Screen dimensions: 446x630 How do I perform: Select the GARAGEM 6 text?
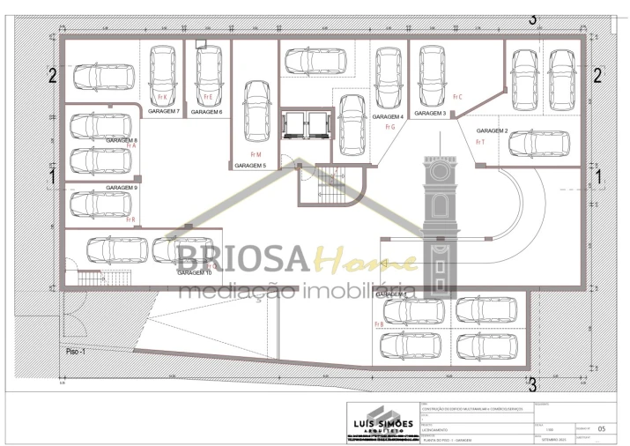pyautogui.click(x=206, y=112)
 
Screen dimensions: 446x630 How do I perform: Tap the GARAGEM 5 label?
pyautogui.click(x=250, y=165)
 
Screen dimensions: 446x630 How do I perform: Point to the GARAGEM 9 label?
pyautogui.click(x=122, y=188)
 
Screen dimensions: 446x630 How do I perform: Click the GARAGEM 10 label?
pyautogui.click(x=195, y=273)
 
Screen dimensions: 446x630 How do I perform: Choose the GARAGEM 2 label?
pyautogui.click(x=493, y=130)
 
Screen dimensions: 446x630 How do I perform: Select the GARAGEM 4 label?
pyautogui.click(x=388, y=116)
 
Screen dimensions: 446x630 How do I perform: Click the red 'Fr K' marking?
pyautogui.click(x=161, y=96)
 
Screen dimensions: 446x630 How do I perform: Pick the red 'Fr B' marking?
pyautogui.click(x=379, y=324)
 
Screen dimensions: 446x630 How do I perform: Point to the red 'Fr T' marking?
pyautogui.click(x=480, y=141)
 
